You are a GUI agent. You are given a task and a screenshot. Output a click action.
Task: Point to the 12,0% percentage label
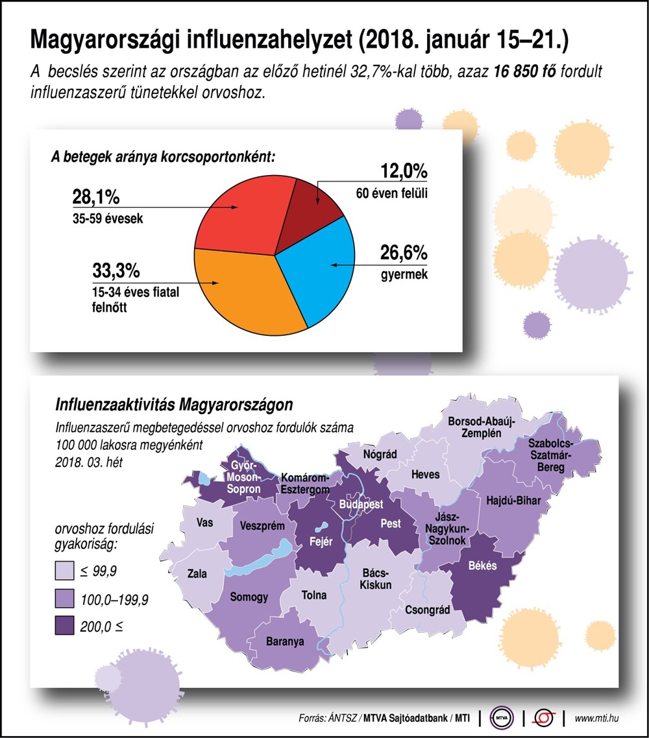click(x=403, y=171)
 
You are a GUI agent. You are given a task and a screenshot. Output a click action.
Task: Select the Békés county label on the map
click(x=482, y=565)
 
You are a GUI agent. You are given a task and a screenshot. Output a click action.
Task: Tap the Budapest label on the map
click(x=361, y=504)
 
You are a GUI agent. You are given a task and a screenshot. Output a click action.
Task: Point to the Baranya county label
click(x=285, y=643)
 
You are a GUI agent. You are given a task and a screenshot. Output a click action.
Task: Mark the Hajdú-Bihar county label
click(x=513, y=499)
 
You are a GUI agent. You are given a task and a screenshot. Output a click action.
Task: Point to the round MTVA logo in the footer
click(x=501, y=718)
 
